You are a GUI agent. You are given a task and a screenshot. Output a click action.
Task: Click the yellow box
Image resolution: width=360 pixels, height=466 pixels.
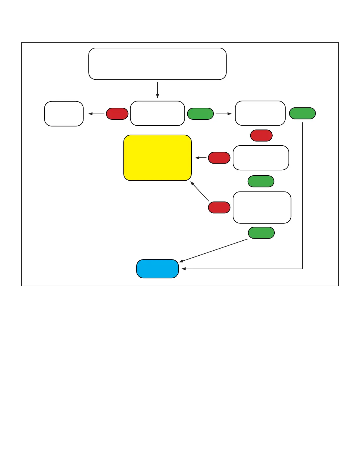click(x=157, y=158)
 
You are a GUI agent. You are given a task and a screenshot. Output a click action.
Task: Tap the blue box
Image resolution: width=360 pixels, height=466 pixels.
click(x=157, y=269)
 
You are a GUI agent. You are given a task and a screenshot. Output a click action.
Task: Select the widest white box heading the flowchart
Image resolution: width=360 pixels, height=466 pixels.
click(x=157, y=64)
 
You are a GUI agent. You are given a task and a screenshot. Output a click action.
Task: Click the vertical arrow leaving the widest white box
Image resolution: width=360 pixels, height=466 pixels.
click(x=158, y=90)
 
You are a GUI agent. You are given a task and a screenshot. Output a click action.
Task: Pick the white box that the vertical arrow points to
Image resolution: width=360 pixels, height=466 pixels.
click(x=157, y=113)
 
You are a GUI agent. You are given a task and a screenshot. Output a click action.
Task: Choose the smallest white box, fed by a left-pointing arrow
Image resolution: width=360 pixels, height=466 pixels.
click(x=64, y=114)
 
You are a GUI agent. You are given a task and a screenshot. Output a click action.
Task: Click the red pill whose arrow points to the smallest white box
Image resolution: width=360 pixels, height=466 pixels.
click(x=117, y=114)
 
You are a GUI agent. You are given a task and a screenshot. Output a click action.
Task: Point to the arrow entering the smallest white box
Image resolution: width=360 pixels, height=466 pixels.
click(x=96, y=114)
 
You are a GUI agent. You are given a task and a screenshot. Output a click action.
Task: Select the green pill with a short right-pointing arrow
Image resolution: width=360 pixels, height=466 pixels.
click(x=200, y=114)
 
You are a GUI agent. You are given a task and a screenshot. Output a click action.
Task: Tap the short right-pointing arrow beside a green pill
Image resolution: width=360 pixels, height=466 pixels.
click(x=224, y=114)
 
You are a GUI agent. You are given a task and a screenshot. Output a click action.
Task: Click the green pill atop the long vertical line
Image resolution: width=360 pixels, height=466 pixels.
click(x=302, y=113)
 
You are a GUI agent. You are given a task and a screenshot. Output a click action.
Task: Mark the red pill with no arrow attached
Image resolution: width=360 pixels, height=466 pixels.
click(x=261, y=136)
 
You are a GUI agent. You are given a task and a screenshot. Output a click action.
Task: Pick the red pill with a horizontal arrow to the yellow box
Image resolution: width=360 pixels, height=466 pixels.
click(x=219, y=158)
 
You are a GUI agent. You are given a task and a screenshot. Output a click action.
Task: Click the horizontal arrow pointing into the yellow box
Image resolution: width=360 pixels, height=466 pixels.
click(x=201, y=158)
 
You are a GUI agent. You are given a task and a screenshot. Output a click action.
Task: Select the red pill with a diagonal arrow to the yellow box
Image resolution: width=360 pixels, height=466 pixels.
click(x=219, y=207)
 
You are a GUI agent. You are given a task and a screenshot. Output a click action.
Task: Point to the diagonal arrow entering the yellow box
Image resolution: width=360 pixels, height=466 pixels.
click(x=200, y=191)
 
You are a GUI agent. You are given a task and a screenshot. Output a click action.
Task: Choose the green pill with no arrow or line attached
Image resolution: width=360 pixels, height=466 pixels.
click(x=261, y=181)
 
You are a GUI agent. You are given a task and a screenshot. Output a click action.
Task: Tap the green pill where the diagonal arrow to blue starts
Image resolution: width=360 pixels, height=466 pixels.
click(x=261, y=233)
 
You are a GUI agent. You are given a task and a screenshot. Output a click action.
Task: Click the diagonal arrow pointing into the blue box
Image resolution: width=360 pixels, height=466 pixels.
click(x=213, y=251)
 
